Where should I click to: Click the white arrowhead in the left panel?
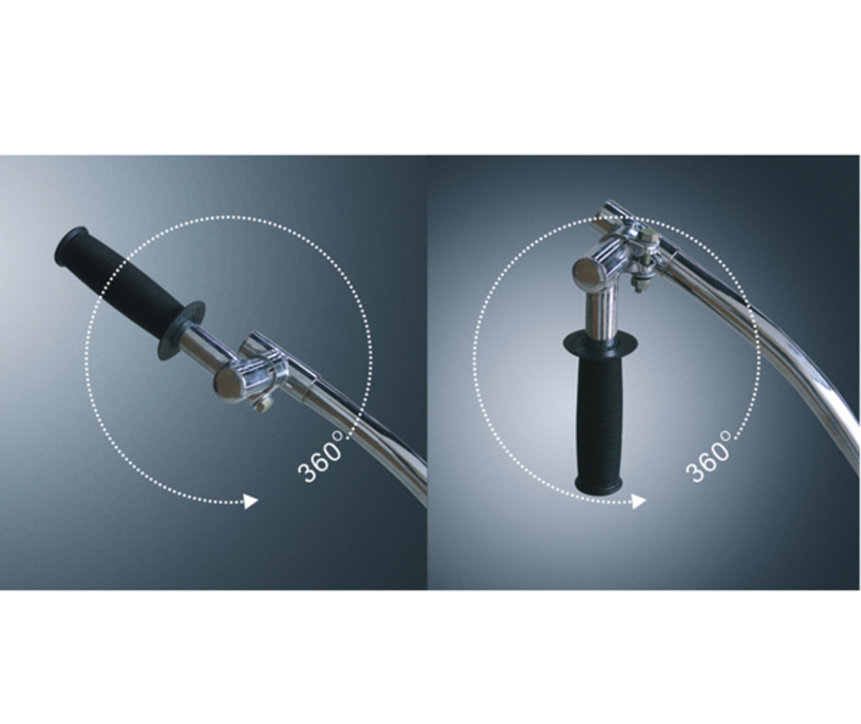click(x=251, y=501)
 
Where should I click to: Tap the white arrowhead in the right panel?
click(x=639, y=501)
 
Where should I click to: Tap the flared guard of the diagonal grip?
click(x=182, y=330)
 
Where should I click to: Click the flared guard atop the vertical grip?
click(x=601, y=342)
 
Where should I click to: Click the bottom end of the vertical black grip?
click(x=598, y=485)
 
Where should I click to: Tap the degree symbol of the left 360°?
click(x=338, y=437)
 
